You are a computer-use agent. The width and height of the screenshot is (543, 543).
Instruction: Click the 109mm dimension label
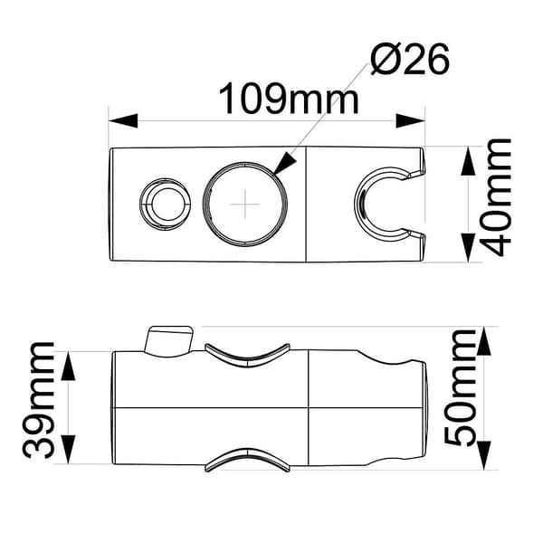pyautogui.click(x=289, y=99)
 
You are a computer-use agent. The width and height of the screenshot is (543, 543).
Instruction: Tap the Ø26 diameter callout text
pyautogui.click(x=410, y=59)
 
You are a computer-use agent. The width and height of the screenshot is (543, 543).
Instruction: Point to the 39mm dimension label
pyautogui.click(x=38, y=400)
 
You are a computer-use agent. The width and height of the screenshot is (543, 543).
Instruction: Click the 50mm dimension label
pyautogui.click(x=461, y=388)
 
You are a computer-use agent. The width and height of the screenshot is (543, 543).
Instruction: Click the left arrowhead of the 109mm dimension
pyautogui.click(x=123, y=121)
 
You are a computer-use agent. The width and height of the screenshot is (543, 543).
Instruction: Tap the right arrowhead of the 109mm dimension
pyautogui.click(x=410, y=121)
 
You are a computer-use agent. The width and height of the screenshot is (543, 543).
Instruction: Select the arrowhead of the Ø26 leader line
pyautogui.click(x=285, y=163)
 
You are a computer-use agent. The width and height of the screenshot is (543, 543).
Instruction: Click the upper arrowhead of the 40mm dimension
pyautogui.click(x=468, y=161)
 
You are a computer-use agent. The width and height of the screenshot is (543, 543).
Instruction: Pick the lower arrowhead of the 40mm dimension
pyautogui.click(x=468, y=248)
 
